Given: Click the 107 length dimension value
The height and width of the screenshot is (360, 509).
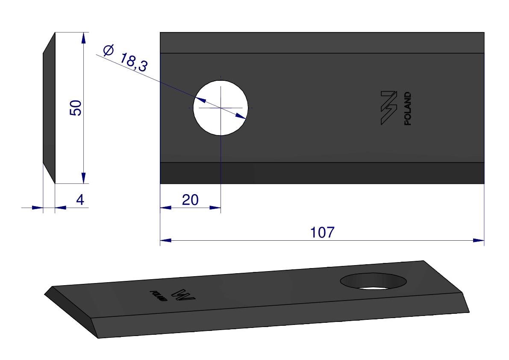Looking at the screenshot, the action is pos(322,233).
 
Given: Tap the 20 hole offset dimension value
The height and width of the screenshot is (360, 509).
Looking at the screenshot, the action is pos(190,200).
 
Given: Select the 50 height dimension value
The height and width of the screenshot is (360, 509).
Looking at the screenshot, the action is pos(76,108).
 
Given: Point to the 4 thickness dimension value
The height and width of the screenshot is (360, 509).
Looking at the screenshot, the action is pos(80,200).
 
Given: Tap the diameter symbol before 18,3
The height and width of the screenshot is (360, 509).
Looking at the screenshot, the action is pos(109,50).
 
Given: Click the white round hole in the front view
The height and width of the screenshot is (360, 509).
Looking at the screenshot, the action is pos(221,108).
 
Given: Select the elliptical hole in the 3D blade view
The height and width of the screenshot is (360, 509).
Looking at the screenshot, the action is pos(374,281).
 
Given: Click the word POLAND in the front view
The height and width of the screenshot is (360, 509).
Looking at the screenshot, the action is pos(407,109).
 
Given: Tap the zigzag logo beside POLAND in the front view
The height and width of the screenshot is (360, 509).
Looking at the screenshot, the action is pos(389,108).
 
